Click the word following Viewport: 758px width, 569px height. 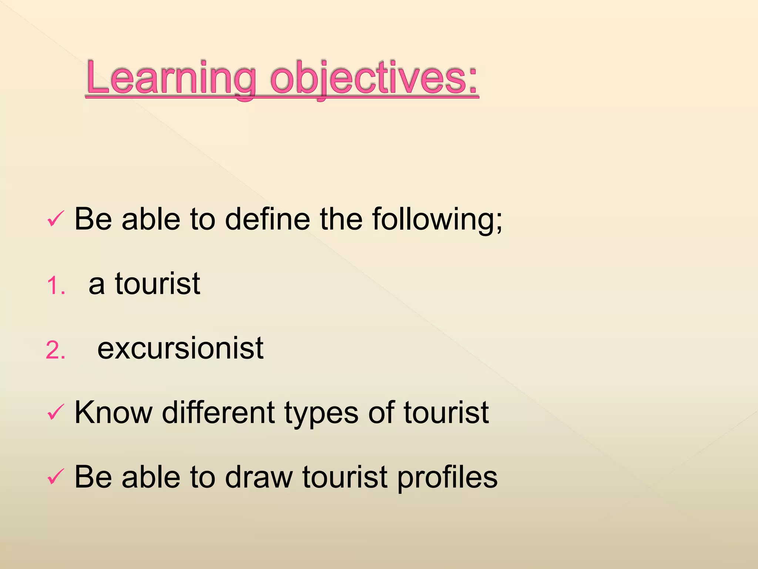[x=433, y=220]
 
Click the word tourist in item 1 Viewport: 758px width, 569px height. [x=157, y=284]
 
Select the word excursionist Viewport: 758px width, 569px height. [x=180, y=348]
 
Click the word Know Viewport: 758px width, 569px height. [x=113, y=412]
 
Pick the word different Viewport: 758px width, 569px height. [x=218, y=412]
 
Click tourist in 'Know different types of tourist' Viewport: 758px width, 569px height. [x=446, y=412]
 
